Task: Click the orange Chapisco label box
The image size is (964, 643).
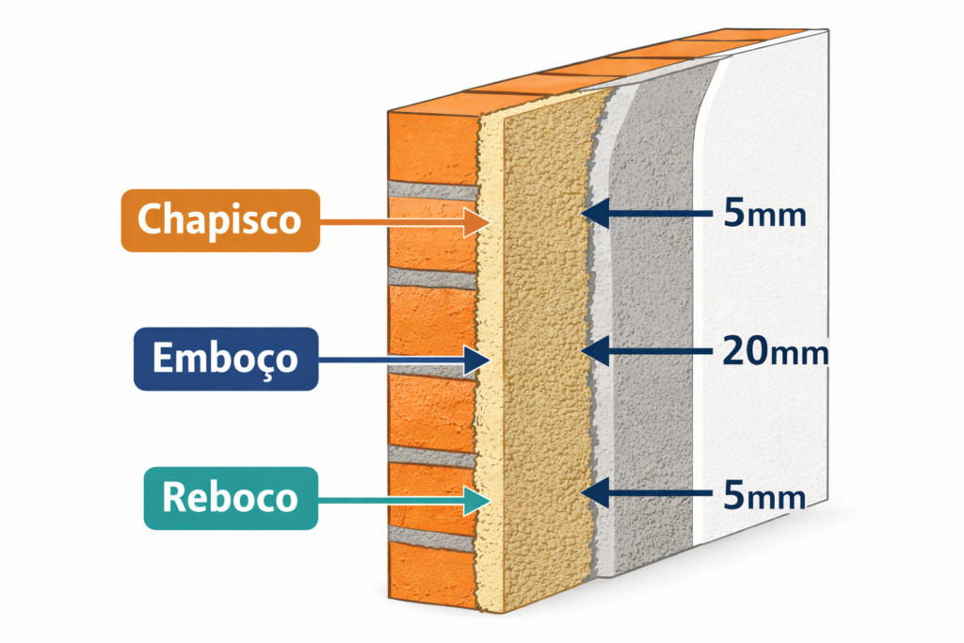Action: (219, 220)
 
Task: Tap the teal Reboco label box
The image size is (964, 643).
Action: (231, 497)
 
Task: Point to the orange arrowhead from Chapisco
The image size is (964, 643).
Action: (475, 221)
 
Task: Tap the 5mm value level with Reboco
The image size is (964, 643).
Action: (764, 494)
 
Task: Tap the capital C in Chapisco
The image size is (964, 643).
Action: (152, 220)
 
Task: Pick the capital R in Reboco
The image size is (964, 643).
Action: (176, 497)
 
